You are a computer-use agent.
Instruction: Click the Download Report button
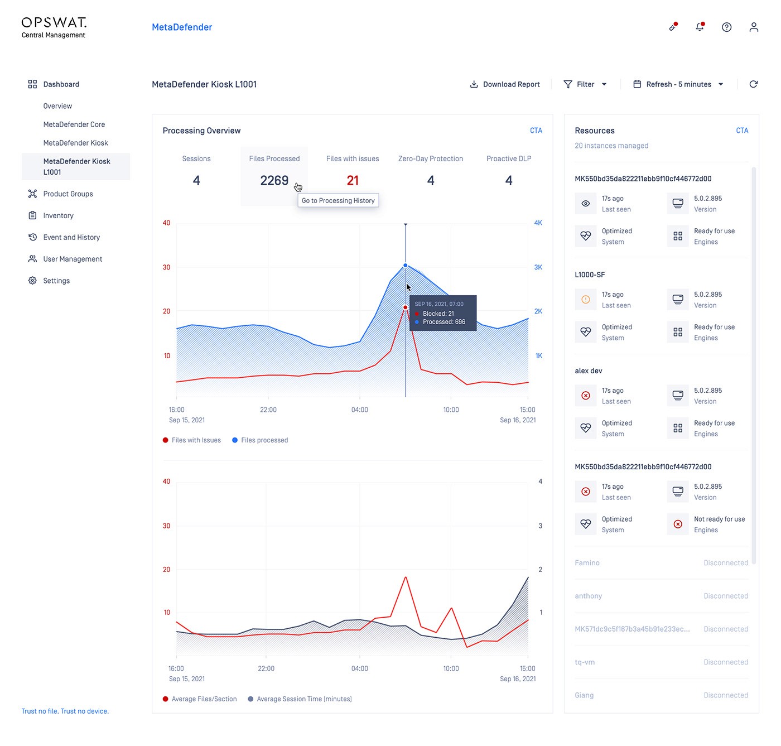tap(504, 84)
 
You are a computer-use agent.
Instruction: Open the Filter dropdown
tap(584, 84)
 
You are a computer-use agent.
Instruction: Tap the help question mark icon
tap(726, 27)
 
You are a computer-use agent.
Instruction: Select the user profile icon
tap(754, 27)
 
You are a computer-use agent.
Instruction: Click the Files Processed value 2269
tap(274, 180)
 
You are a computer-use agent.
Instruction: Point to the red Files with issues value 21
tap(353, 180)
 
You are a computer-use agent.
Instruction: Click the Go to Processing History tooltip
tap(338, 200)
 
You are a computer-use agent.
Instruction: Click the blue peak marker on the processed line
tap(406, 266)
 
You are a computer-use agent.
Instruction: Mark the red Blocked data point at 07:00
tap(406, 307)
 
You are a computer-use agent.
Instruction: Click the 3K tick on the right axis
tap(538, 267)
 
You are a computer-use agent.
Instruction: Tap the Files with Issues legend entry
tap(192, 440)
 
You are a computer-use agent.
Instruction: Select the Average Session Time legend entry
tap(300, 699)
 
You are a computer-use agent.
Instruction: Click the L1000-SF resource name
tap(590, 275)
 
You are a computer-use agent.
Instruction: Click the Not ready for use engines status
tap(719, 519)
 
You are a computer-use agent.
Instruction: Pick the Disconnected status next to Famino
tap(726, 563)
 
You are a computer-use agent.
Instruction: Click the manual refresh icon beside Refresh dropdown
tap(753, 84)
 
